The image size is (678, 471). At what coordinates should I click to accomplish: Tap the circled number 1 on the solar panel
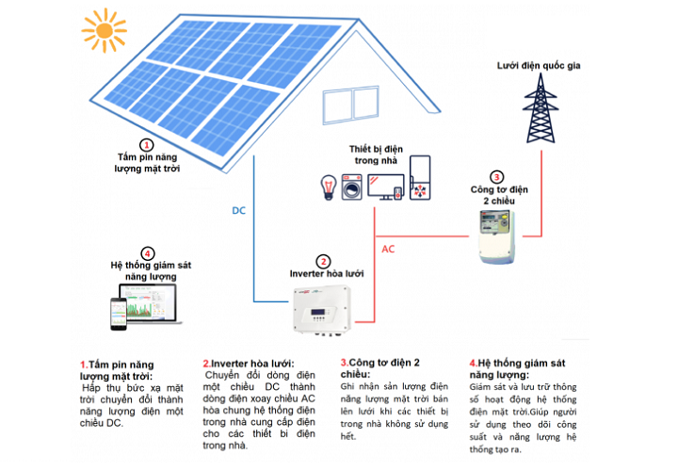coord(146,144)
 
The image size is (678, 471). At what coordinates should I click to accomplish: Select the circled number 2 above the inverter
coord(323,261)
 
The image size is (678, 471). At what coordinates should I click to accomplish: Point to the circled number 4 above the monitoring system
coord(146,253)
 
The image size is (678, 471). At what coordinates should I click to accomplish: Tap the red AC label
coord(388,250)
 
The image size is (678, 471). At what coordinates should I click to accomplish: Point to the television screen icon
coord(386,187)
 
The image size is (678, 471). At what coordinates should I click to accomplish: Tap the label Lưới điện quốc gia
coord(541,65)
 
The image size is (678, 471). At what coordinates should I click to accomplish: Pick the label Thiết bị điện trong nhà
coord(373,154)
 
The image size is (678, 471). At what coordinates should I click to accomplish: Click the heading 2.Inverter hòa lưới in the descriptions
coord(249,363)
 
